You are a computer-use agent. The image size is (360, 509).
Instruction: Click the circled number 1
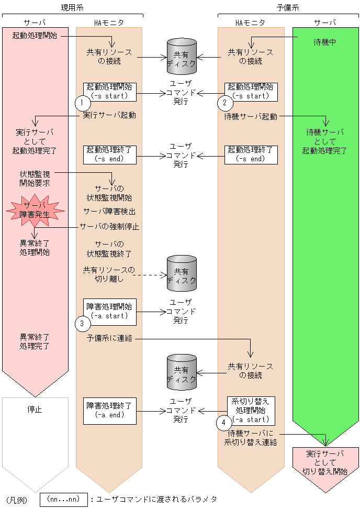pyautogui.click(x=81, y=102)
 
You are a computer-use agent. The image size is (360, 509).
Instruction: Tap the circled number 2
pyautogui.click(x=223, y=102)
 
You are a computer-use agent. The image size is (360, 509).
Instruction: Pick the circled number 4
pyautogui.click(x=224, y=422)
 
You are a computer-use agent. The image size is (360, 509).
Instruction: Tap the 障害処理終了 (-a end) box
pyautogui.click(x=109, y=410)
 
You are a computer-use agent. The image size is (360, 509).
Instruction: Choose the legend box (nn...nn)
pyautogui.click(x=63, y=499)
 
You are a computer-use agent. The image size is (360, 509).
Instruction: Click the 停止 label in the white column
pyautogui.click(x=35, y=409)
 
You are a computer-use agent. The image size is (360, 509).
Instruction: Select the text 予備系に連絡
pyautogui.click(x=109, y=339)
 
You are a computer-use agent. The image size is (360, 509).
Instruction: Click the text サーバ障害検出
pyautogui.click(x=110, y=212)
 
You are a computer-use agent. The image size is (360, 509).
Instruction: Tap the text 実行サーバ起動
pyautogui.click(x=109, y=115)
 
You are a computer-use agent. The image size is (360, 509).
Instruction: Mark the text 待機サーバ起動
pyautogui.click(x=251, y=116)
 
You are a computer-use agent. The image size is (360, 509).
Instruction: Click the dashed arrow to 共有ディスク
pyautogui.click(x=150, y=274)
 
